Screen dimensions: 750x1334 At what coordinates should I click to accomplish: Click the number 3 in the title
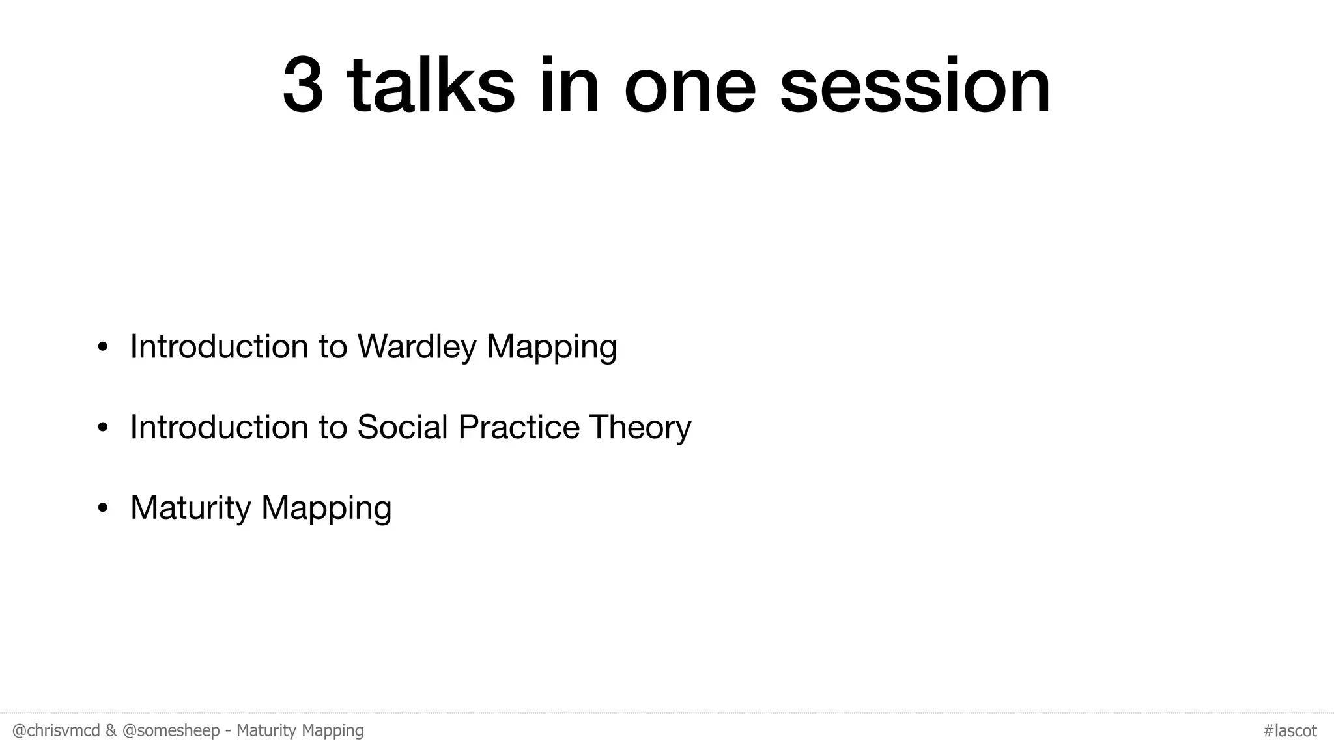coord(303,87)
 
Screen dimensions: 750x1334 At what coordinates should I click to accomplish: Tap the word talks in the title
coord(431,87)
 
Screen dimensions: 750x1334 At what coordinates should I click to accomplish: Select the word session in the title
coord(915,87)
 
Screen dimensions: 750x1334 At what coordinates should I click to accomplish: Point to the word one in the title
coord(690,87)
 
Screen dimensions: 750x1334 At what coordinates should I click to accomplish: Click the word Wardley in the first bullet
coord(417,346)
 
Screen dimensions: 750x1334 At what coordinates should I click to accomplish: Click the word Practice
coord(518,427)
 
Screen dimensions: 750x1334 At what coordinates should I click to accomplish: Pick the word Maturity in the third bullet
coord(190,508)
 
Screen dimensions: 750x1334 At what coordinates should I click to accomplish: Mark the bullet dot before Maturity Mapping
coord(102,508)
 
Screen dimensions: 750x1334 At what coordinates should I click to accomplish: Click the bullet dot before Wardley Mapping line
coord(102,347)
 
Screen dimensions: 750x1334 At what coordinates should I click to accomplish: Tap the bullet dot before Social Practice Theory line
coord(102,428)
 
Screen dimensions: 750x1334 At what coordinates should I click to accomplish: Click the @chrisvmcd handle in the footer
coord(56,730)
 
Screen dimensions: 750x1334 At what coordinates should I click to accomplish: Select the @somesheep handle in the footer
coord(171,730)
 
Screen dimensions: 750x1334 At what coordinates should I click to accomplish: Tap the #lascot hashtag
coord(1290,730)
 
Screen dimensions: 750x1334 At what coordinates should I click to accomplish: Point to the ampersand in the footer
coord(111,730)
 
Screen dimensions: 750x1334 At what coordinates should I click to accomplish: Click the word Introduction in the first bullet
coord(219,346)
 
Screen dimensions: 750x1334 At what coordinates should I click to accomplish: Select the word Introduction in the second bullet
coord(219,427)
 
